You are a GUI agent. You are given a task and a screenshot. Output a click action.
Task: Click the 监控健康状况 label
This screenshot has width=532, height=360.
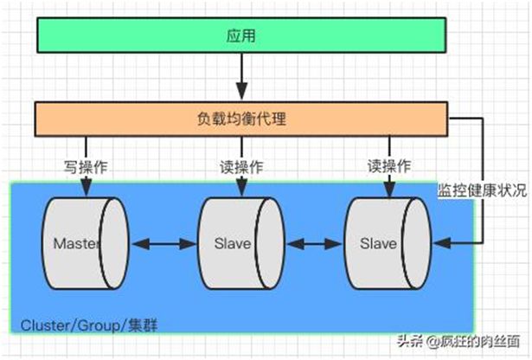coord(483,192)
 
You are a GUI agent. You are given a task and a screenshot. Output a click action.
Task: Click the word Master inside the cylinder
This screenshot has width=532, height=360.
coord(76,244)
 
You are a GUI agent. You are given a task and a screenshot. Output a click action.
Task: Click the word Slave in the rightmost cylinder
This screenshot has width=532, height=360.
coord(379,244)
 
